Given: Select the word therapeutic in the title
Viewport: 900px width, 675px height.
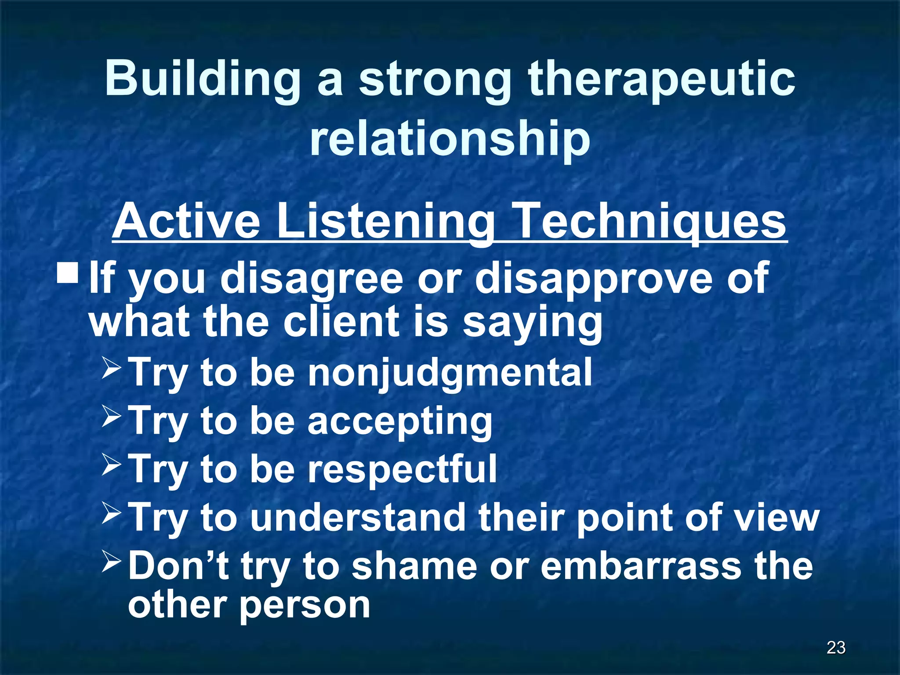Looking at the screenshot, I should click(661, 79).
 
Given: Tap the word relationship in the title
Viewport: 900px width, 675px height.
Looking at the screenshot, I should click(450, 138).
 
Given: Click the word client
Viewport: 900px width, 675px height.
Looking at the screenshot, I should click(341, 321).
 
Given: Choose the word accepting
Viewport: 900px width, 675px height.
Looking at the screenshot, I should click(399, 421).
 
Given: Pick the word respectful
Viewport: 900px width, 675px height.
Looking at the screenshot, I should click(402, 469).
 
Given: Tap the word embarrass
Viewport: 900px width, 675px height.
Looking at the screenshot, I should click(642, 566).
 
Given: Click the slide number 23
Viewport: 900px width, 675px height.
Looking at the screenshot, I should click(836, 648).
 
